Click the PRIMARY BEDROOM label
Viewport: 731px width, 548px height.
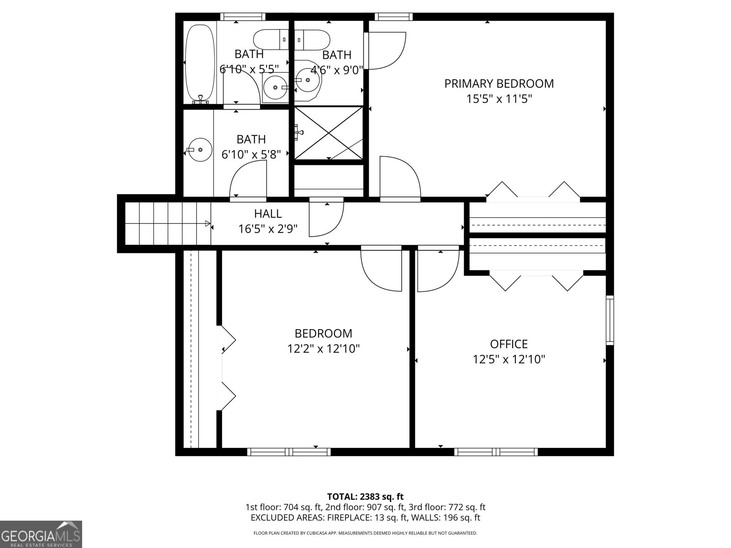pos(499,84)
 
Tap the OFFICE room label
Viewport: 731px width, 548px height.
pos(509,344)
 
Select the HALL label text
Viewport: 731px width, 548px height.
pos(268,213)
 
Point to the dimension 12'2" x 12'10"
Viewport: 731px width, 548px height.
pos(323,349)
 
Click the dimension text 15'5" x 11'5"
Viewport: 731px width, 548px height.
pos(499,99)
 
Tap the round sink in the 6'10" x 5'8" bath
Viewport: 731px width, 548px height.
pos(200,149)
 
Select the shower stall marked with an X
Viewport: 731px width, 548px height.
pos(328,133)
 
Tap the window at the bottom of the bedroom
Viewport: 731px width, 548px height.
pos(289,452)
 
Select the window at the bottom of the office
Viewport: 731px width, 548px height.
pos(496,452)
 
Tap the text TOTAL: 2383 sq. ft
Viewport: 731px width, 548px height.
pos(365,496)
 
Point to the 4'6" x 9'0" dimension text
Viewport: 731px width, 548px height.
pos(337,70)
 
